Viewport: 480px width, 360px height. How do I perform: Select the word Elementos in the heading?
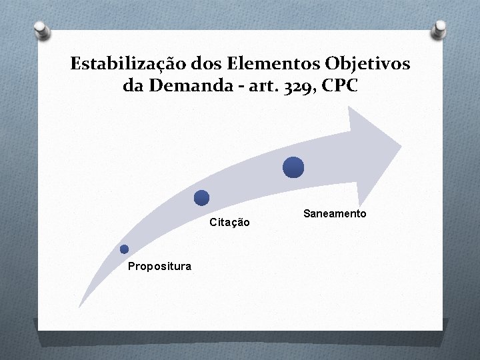[x=259, y=64]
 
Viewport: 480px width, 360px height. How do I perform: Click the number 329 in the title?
[x=297, y=87]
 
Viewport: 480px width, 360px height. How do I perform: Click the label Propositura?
[x=159, y=266]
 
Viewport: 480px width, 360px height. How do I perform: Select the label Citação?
[x=230, y=222]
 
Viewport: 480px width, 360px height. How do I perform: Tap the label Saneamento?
[x=335, y=213]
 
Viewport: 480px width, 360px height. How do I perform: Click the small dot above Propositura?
[x=124, y=249]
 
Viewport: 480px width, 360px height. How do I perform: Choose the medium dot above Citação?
[x=201, y=197]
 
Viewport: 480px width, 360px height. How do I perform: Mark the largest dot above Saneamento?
[x=293, y=167]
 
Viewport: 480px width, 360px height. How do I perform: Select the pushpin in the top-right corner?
[x=440, y=28]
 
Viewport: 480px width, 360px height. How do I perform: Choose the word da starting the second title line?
[x=131, y=86]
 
